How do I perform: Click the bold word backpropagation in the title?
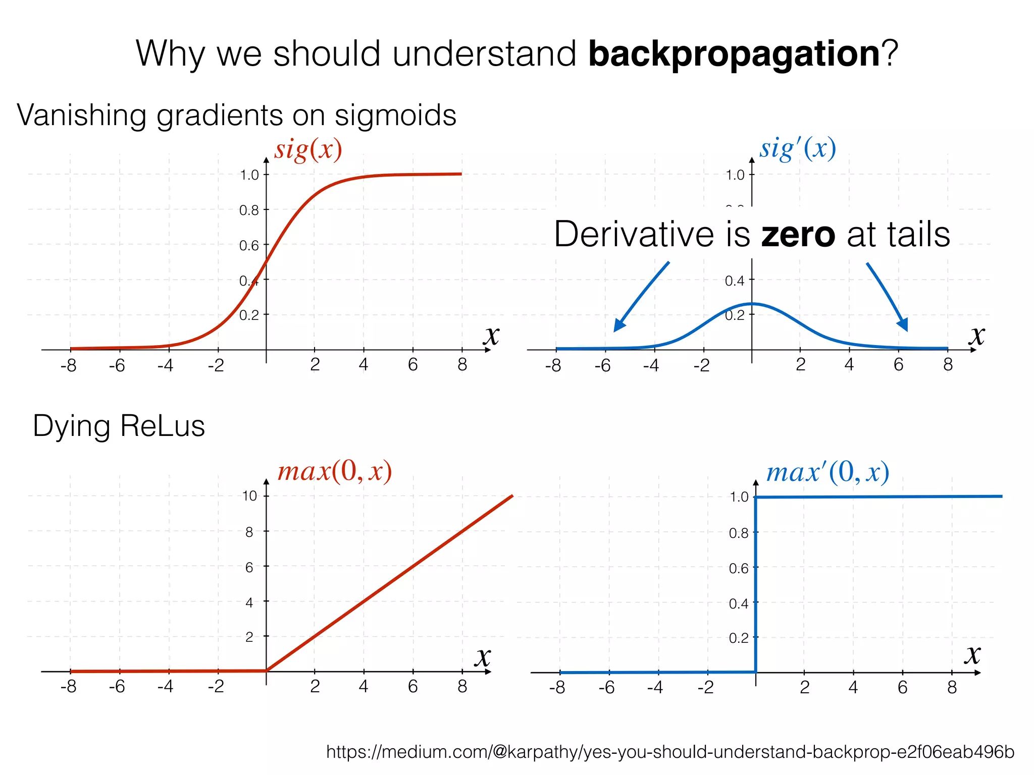(734, 54)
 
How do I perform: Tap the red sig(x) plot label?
(308, 150)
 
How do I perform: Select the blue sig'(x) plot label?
(798, 149)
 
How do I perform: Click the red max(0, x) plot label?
(334, 472)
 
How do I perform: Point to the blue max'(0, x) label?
(828, 473)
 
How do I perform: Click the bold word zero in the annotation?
(798, 235)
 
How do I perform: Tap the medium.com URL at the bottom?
(670, 752)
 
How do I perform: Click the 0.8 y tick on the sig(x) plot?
(249, 210)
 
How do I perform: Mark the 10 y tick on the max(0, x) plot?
(249, 496)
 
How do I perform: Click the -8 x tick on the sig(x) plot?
(69, 365)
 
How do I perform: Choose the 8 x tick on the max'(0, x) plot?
(952, 687)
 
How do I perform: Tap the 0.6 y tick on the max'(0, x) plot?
(738, 569)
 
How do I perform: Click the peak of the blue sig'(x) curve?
(752, 304)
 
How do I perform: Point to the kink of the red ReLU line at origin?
(267, 671)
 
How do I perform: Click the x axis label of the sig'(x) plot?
(977, 336)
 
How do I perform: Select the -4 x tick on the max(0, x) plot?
(166, 687)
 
